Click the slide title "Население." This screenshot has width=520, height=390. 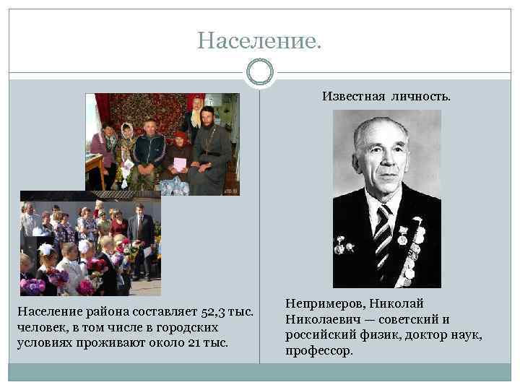pos(259,40)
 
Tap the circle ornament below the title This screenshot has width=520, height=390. pos(259,72)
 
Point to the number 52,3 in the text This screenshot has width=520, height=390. pos(209,311)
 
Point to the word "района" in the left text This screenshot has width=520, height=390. pos(95,311)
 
